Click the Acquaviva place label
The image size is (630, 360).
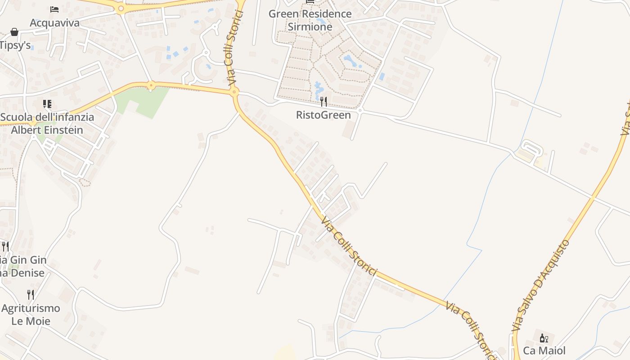tap(54, 23)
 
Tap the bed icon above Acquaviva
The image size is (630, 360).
tap(54, 9)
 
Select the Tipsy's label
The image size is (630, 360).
tap(15, 45)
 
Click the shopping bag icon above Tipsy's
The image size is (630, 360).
tap(14, 32)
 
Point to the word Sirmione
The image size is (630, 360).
tap(310, 27)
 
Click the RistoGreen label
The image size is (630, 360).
tap(323, 115)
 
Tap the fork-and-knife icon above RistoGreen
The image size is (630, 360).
tap(323, 101)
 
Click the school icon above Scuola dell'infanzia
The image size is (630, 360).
tap(47, 104)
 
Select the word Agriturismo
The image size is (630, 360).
tap(31, 308)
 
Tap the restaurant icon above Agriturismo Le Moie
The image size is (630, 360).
tap(31, 295)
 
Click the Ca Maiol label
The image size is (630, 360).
tap(544, 351)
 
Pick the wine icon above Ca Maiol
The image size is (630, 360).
tap(544, 337)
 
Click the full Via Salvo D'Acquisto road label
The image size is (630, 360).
tap(541, 286)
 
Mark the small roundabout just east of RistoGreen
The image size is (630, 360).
tap(360, 110)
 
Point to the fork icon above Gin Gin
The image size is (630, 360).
tap(5, 246)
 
